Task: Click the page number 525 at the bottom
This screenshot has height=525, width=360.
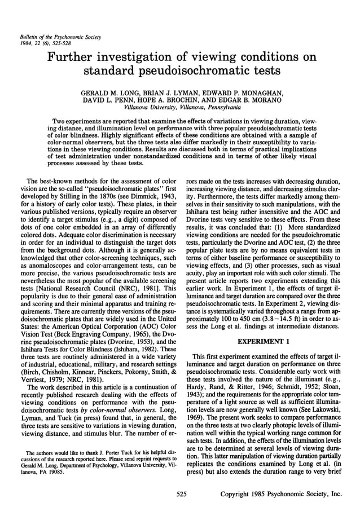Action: coord(181,494)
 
